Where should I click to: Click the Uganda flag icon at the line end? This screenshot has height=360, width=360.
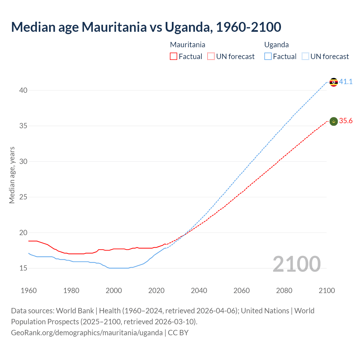point(334,82)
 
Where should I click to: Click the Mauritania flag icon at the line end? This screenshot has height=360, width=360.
point(334,121)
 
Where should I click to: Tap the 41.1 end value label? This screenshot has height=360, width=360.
point(346,82)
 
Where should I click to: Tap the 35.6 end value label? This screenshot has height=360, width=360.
point(346,121)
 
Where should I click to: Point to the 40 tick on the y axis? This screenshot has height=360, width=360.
point(23,90)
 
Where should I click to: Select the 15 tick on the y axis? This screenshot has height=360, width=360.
point(23,268)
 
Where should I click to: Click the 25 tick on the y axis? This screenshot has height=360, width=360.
point(23,197)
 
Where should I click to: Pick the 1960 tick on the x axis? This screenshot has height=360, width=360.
point(29,291)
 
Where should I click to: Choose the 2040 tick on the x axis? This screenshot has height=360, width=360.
point(199,291)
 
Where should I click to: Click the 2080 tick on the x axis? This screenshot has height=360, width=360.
point(284,291)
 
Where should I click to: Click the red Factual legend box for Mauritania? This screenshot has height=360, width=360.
point(174,57)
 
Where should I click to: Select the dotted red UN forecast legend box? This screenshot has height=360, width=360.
point(211,57)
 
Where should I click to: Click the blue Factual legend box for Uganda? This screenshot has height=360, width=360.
point(268,57)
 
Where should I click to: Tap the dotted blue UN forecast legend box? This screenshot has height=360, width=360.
point(305,57)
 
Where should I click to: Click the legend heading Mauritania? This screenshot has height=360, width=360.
point(188,45)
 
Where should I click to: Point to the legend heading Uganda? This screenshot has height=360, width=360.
point(276,45)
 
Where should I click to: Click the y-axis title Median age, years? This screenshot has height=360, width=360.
point(12,175)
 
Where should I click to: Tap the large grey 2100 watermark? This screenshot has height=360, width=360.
point(297,264)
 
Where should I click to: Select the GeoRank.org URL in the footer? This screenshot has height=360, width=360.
point(87,332)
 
